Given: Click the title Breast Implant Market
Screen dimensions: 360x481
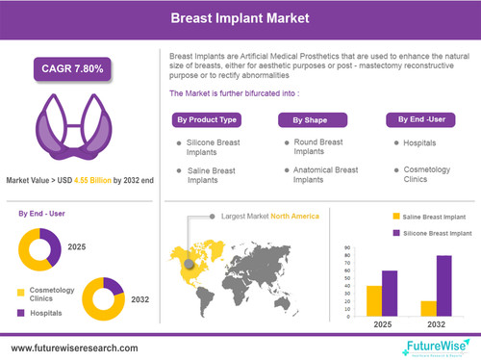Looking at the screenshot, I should [240, 17].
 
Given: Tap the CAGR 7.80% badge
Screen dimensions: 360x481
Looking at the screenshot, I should [73, 68].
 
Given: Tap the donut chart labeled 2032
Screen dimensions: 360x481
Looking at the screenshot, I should [103, 298].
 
